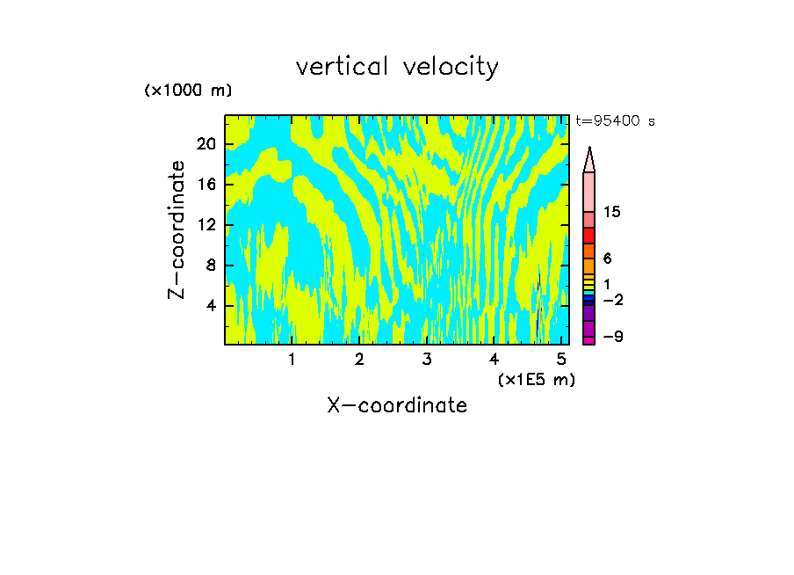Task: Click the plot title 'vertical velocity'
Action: click(x=397, y=67)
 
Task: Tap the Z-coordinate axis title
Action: click(x=177, y=229)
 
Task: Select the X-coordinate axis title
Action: click(x=397, y=405)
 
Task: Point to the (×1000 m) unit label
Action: click(x=188, y=91)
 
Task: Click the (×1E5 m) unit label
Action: click(x=537, y=379)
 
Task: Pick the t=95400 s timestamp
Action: click(x=615, y=121)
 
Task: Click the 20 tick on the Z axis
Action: click(x=208, y=144)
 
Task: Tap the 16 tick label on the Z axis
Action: click(x=208, y=185)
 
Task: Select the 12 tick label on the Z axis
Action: click(x=208, y=225)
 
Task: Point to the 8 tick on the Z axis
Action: click(x=212, y=266)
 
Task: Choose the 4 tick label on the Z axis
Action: click(x=212, y=306)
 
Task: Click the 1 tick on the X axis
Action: click(x=292, y=359)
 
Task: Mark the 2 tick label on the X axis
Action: click(x=359, y=359)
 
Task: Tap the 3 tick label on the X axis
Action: click(x=427, y=359)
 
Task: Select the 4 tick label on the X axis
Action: click(x=494, y=359)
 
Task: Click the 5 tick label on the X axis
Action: click(x=562, y=359)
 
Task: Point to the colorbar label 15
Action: click(x=612, y=213)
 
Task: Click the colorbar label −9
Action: click(x=612, y=338)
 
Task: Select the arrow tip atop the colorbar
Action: click(x=589, y=149)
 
